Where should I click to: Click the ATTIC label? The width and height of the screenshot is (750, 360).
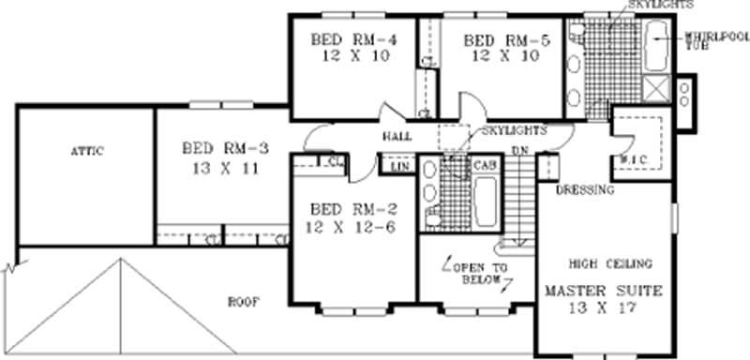click(x=85, y=151)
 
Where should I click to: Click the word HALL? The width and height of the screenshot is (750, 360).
click(x=394, y=137)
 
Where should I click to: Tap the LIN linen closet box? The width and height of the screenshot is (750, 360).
click(x=397, y=167)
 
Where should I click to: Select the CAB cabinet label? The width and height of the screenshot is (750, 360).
click(x=484, y=165)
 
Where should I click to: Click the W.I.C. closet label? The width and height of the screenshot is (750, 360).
click(x=629, y=159)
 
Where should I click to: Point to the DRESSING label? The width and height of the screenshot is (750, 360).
click(x=585, y=190)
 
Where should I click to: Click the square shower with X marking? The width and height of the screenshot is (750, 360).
click(x=656, y=90)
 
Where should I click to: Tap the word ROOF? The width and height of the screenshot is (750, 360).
click(x=243, y=302)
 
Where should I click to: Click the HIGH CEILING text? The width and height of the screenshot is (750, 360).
click(x=609, y=263)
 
